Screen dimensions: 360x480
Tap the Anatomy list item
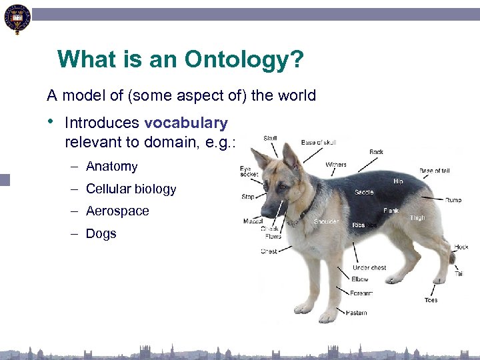pos(111,167)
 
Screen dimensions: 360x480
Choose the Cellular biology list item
pos(131,189)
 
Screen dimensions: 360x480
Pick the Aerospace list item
pos(117,211)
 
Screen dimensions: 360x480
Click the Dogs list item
pos(101,233)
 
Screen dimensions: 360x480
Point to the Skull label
pos(271,138)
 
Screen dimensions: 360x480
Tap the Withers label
pos(335,165)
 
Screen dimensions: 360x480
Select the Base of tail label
pos(434,171)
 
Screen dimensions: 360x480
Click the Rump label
pos(453,199)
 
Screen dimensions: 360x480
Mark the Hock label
pos(461,247)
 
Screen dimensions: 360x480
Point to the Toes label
pos(431,300)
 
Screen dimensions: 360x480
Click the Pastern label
pos(356,313)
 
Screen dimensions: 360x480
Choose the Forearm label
pos(361,293)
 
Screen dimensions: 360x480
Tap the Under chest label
pos(369,268)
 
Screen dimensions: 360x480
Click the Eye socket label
pos(249,171)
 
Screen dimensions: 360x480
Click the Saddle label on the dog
pos(364,192)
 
